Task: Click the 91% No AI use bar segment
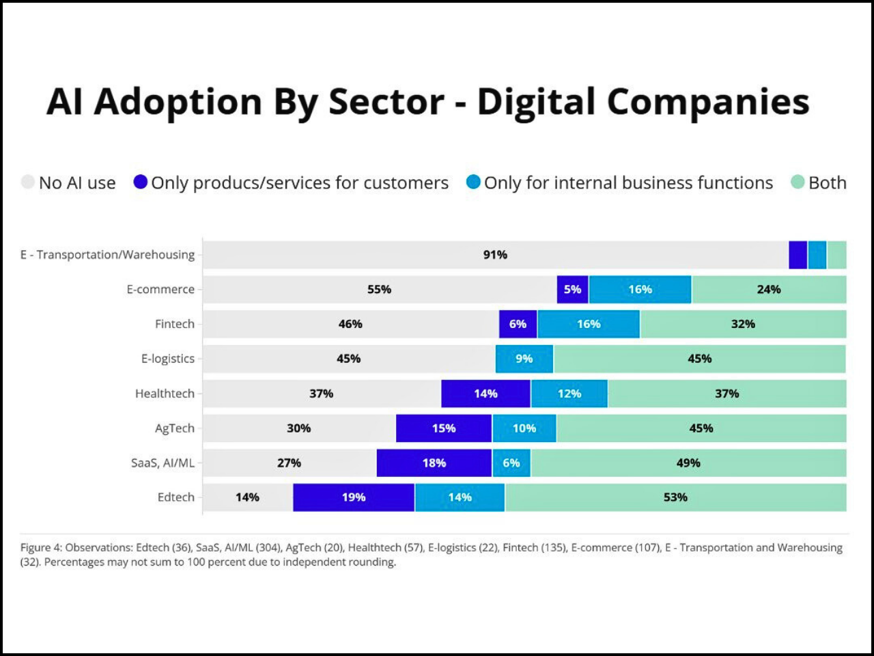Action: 495,255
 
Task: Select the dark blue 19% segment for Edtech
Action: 354,497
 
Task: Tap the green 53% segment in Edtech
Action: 675,497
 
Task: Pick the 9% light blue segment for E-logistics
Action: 524,359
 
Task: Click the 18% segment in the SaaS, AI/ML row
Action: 434,463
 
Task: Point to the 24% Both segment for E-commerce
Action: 769,290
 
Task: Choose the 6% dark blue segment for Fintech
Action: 518,324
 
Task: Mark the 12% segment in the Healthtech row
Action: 569,394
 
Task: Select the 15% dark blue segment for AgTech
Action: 444,428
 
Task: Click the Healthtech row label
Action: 165,394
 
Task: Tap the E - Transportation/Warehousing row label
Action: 107,255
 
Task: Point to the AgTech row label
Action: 175,428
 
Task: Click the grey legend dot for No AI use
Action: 28,182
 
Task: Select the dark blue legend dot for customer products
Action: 141,182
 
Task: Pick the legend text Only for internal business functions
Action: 628,183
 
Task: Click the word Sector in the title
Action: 386,102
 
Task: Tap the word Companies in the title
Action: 707,102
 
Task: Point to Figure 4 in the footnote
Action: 41,547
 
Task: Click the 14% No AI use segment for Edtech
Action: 247,497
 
